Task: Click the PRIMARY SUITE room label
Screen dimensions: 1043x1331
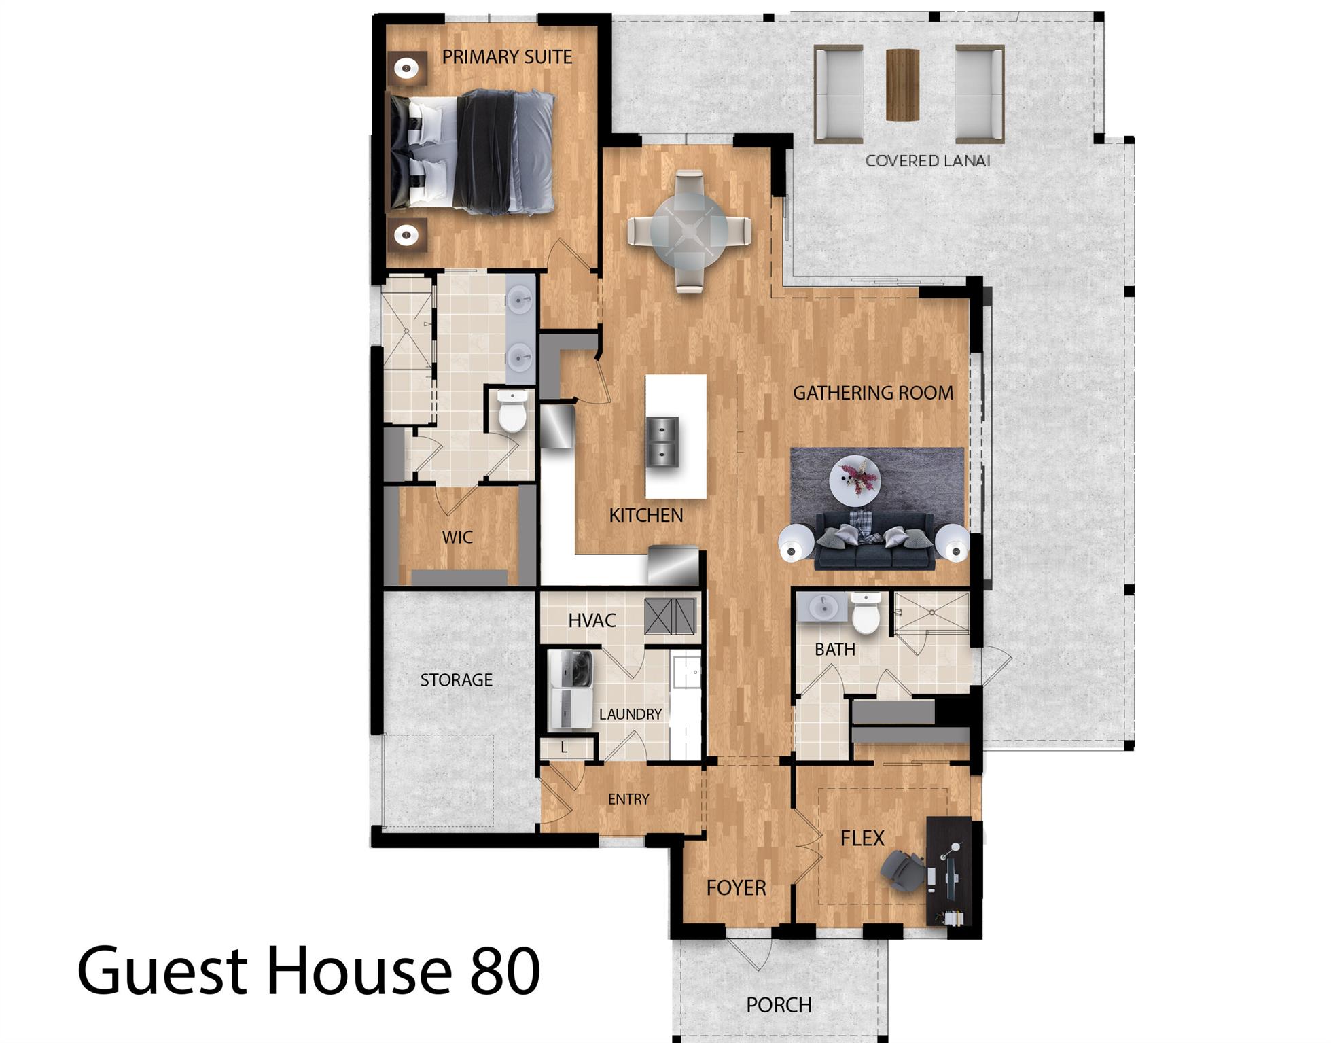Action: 507,57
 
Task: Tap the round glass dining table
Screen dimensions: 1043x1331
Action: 689,231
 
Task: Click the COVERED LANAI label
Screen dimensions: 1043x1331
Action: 927,161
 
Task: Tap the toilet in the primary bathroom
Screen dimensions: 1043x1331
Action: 512,412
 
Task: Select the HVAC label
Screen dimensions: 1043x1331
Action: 592,620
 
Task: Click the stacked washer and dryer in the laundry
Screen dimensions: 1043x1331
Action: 571,690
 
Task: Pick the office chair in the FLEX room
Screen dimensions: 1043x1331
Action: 902,870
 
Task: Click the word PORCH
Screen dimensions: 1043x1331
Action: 779,1005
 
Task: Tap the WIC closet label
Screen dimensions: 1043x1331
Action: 457,537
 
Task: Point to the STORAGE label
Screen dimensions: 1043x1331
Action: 456,680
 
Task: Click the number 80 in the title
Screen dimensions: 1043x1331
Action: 503,971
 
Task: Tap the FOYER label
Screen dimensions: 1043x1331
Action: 736,887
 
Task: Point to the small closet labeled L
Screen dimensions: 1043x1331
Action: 565,748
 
